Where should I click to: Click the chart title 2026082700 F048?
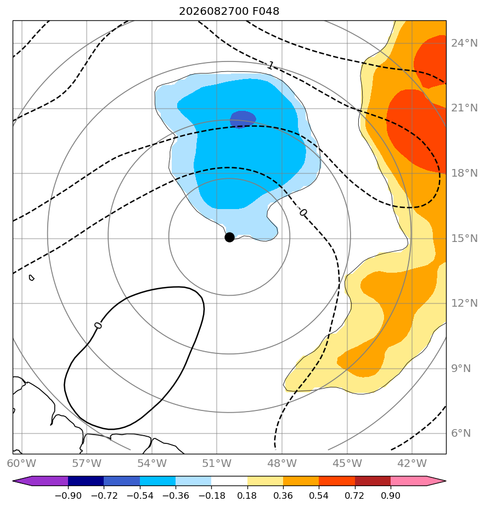click(229, 12)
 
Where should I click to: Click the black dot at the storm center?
click(229, 238)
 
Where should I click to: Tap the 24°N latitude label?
click(464, 43)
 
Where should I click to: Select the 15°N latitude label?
click(464, 238)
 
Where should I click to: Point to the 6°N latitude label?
click(461, 433)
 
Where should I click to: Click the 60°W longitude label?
click(21, 463)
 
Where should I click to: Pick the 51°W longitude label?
click(217, 463)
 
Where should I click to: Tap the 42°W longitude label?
click(412, 463)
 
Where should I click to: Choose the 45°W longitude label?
click(347, 463)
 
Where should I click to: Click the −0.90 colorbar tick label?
click(68, 495)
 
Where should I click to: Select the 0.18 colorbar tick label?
click(247, 495)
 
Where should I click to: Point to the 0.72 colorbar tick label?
click(354, 495)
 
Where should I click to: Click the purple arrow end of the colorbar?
click(22, 481)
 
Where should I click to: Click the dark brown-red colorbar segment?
click(373, 481)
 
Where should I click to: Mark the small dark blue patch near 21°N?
click(243, 119)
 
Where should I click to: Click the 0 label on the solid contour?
click(98, 325)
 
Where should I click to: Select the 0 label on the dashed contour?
click(303, 212)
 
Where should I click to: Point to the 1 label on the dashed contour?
click(270, 66)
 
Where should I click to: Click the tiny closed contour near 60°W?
click(31, 278)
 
